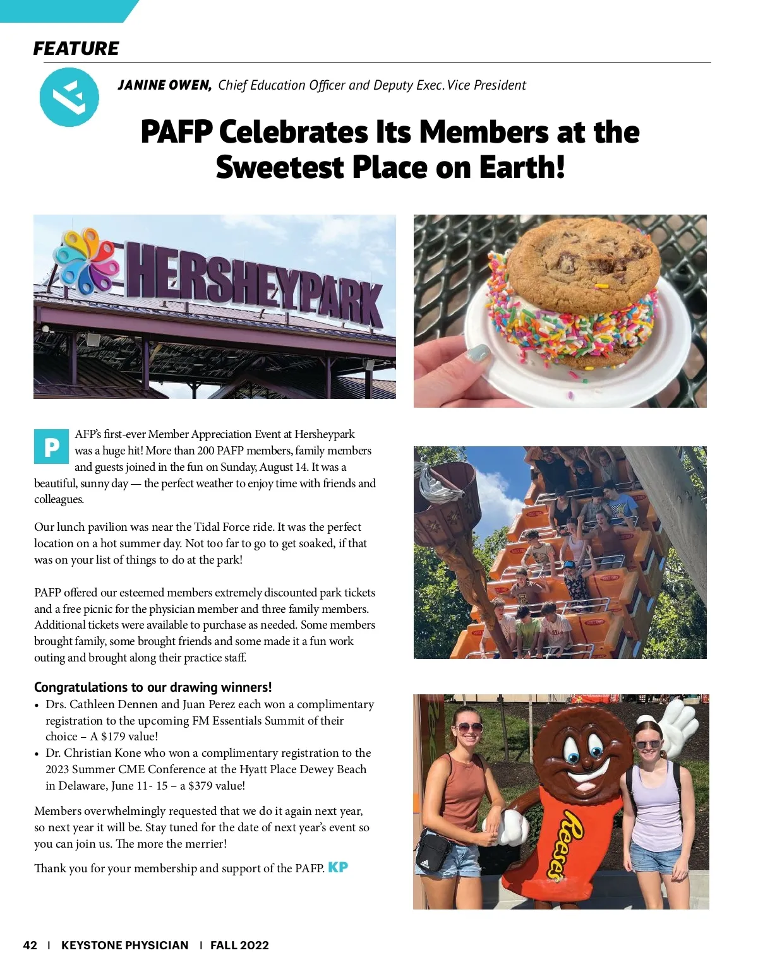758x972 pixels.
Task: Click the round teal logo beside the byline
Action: pos(69,97)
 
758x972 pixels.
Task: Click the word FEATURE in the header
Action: pos(76,49)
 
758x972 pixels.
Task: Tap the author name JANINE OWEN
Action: pos(164,85)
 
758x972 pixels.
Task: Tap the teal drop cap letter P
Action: pos(51,447)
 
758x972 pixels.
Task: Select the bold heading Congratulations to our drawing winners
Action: pos(153,687)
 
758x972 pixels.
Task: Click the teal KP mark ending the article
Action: pos(338,868)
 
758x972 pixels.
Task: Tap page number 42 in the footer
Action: pos(30,945)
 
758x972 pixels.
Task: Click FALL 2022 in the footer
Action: pos(239,945)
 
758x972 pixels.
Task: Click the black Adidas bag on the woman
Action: pos(432,851)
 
